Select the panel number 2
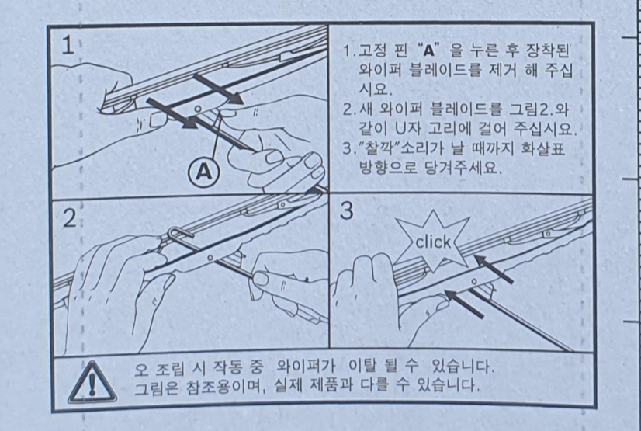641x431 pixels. (70, 218)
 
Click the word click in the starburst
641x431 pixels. (432, 242)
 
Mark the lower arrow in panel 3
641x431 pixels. (464, 304)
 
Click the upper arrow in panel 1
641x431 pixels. (218, 89)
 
